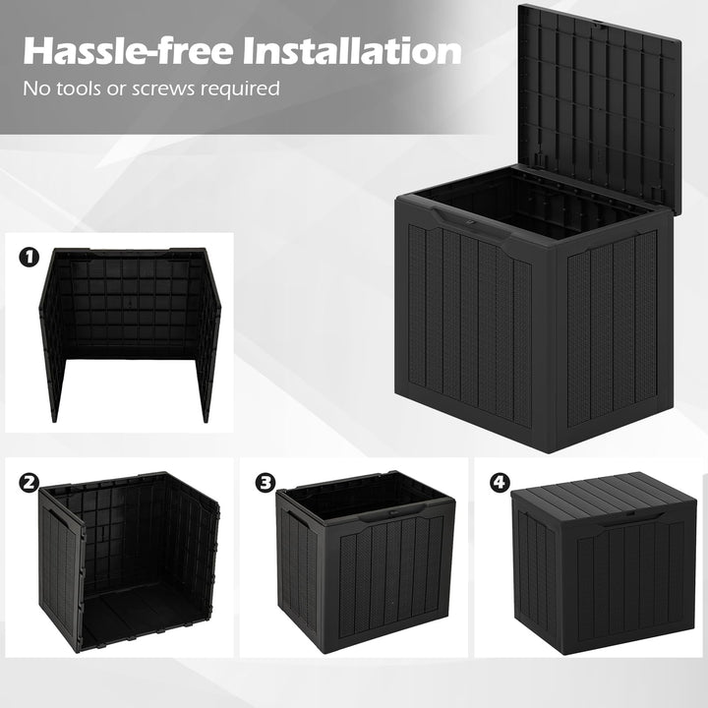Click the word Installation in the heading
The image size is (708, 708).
[353, 52]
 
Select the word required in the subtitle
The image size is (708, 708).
[244, 88]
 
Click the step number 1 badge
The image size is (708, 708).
[29, 258]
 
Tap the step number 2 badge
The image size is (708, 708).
[29, 483]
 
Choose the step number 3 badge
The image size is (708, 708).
[265, 483]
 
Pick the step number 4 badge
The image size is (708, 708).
[501, 483]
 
